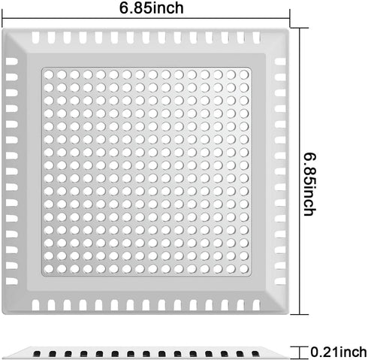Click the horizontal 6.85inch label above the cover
click(151, 8)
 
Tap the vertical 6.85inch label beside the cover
click(310, 184)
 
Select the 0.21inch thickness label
click(339, 352)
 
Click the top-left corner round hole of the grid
click(49, 74)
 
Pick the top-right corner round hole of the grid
click(244, 74)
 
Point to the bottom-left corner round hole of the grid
click(49, 269)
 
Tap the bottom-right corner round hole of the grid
click(244, 269)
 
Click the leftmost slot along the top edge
click(35, 38)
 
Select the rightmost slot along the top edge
click(256, 38)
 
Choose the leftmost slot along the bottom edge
click(35, 305)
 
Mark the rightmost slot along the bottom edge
click(256, 305)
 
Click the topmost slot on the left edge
click(12, 62)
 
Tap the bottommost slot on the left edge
click(12, 281)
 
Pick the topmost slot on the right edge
click(280, 62)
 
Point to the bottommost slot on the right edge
click(280, 281)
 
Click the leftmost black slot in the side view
click(37, 354)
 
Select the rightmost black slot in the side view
click(255, 354)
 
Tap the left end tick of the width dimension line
click(2, 18)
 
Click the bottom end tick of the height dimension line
click(300, 314)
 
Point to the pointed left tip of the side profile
click(3, 358)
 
